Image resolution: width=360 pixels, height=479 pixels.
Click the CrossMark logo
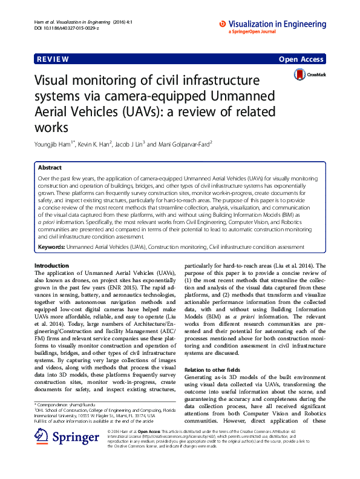(x=310, y=75)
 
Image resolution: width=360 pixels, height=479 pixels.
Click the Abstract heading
(x=50, y=167)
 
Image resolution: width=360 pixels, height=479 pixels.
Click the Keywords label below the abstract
(x=51, y=248)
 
